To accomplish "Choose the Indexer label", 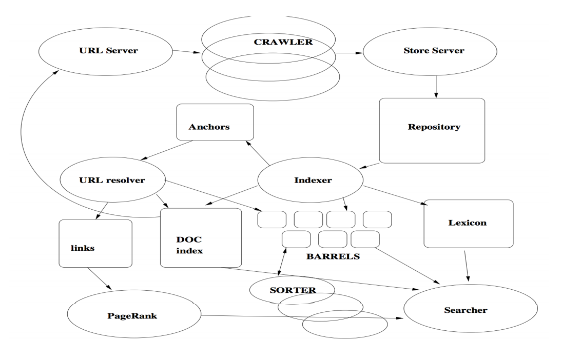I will tap(309, 181).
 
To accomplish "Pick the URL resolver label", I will tap(112, 181).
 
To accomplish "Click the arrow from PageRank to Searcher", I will tap(303, 316).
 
